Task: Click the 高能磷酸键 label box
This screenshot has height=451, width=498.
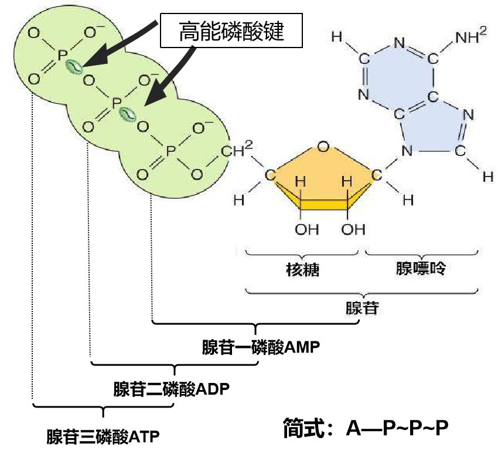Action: (231, 31)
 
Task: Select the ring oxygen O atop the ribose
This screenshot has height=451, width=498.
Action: (323, 147)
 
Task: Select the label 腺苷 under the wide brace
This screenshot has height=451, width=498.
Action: (362, 307)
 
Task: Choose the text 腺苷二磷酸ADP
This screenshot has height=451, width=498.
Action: (172, 389)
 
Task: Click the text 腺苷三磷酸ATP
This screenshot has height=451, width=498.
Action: (103, 436)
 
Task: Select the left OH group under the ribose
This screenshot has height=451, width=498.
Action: (306, 229)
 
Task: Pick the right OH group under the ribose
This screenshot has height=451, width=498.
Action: (353, 229)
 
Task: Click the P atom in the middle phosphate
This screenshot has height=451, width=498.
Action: (116, 103)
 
